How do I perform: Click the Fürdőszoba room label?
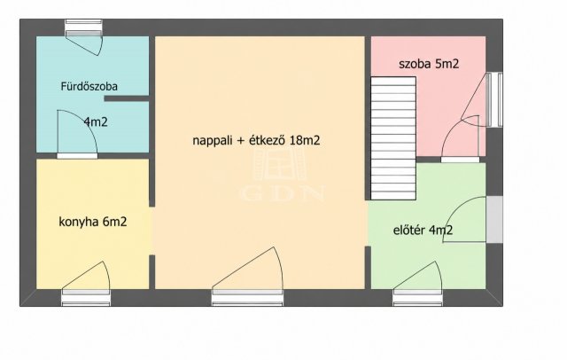(x=89, y=87)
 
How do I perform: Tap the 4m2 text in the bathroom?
(x=96, y=122)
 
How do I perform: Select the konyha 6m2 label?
(x=93, y=222)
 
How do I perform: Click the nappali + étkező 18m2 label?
(x=256, y=140)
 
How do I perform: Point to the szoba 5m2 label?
(x=429, y=64)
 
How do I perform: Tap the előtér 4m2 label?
(x=423, y=231)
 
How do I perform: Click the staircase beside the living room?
(x=393, y=138)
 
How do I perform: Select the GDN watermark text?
(x=282, y=192)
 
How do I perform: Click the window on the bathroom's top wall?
(x=83, y=27)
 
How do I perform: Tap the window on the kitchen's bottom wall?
(x=86, y=297)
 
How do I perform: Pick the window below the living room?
(x=248, y=297)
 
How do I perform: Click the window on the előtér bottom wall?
(x=417, y=297)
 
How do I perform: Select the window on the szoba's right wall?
(x=494, y=99)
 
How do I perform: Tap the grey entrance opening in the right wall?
(x=494, y=220)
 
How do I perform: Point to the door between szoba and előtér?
(x=461, y=139)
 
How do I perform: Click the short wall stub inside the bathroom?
(x=127, y=98)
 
